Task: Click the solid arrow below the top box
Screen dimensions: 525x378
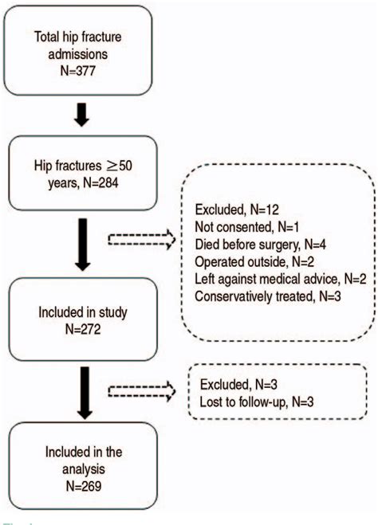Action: point(78,119)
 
